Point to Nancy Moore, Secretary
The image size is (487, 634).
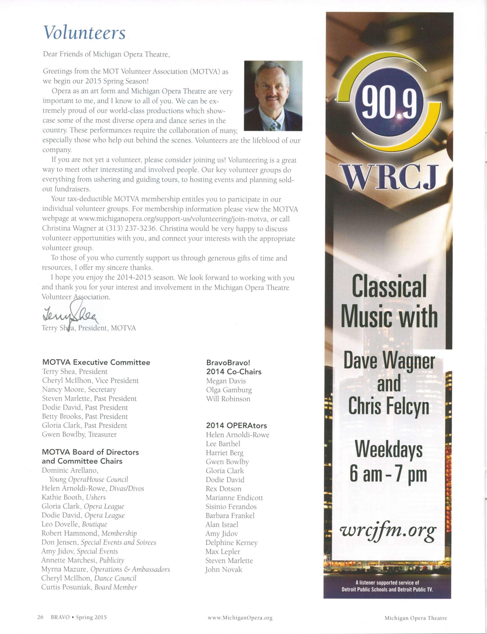click(79, 389)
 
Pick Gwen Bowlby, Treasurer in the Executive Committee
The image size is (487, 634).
click(79, 434)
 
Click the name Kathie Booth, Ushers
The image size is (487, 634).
click(74, 497)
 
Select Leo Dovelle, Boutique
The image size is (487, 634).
click(74, 524)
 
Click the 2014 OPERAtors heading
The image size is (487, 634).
click(236, 425)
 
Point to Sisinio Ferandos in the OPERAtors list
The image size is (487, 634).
click(231, 506)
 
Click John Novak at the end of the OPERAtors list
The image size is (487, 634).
click(224, 569)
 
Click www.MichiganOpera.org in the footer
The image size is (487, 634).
click(240, 615)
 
